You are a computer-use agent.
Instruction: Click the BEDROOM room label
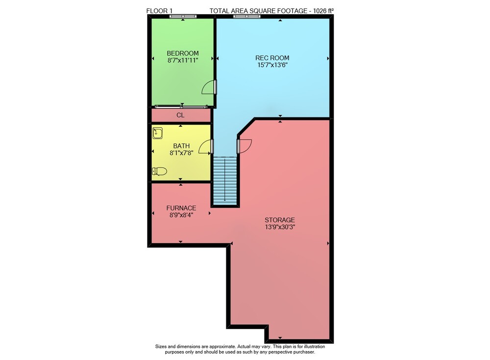182,53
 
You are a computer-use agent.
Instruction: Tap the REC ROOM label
272,58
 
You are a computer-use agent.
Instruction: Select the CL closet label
180,115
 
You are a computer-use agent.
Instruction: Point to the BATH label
181,146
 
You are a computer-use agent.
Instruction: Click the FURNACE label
181,208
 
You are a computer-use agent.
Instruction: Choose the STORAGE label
280,220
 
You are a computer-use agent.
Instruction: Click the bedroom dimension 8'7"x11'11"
183,60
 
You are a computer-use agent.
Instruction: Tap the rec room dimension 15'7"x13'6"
272,65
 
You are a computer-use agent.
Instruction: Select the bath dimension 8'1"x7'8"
181,153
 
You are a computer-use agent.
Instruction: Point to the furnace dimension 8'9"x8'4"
181,215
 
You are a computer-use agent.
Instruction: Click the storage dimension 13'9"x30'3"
280,227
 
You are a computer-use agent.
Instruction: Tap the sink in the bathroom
157,133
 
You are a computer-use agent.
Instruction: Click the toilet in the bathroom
159,171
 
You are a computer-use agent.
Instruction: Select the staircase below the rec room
225,180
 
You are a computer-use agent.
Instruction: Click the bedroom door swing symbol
209,87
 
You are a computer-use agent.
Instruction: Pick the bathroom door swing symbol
206,146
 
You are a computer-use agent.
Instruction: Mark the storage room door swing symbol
244,146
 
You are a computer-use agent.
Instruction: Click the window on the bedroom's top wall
183,16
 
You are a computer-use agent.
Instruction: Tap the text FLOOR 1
159,11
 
